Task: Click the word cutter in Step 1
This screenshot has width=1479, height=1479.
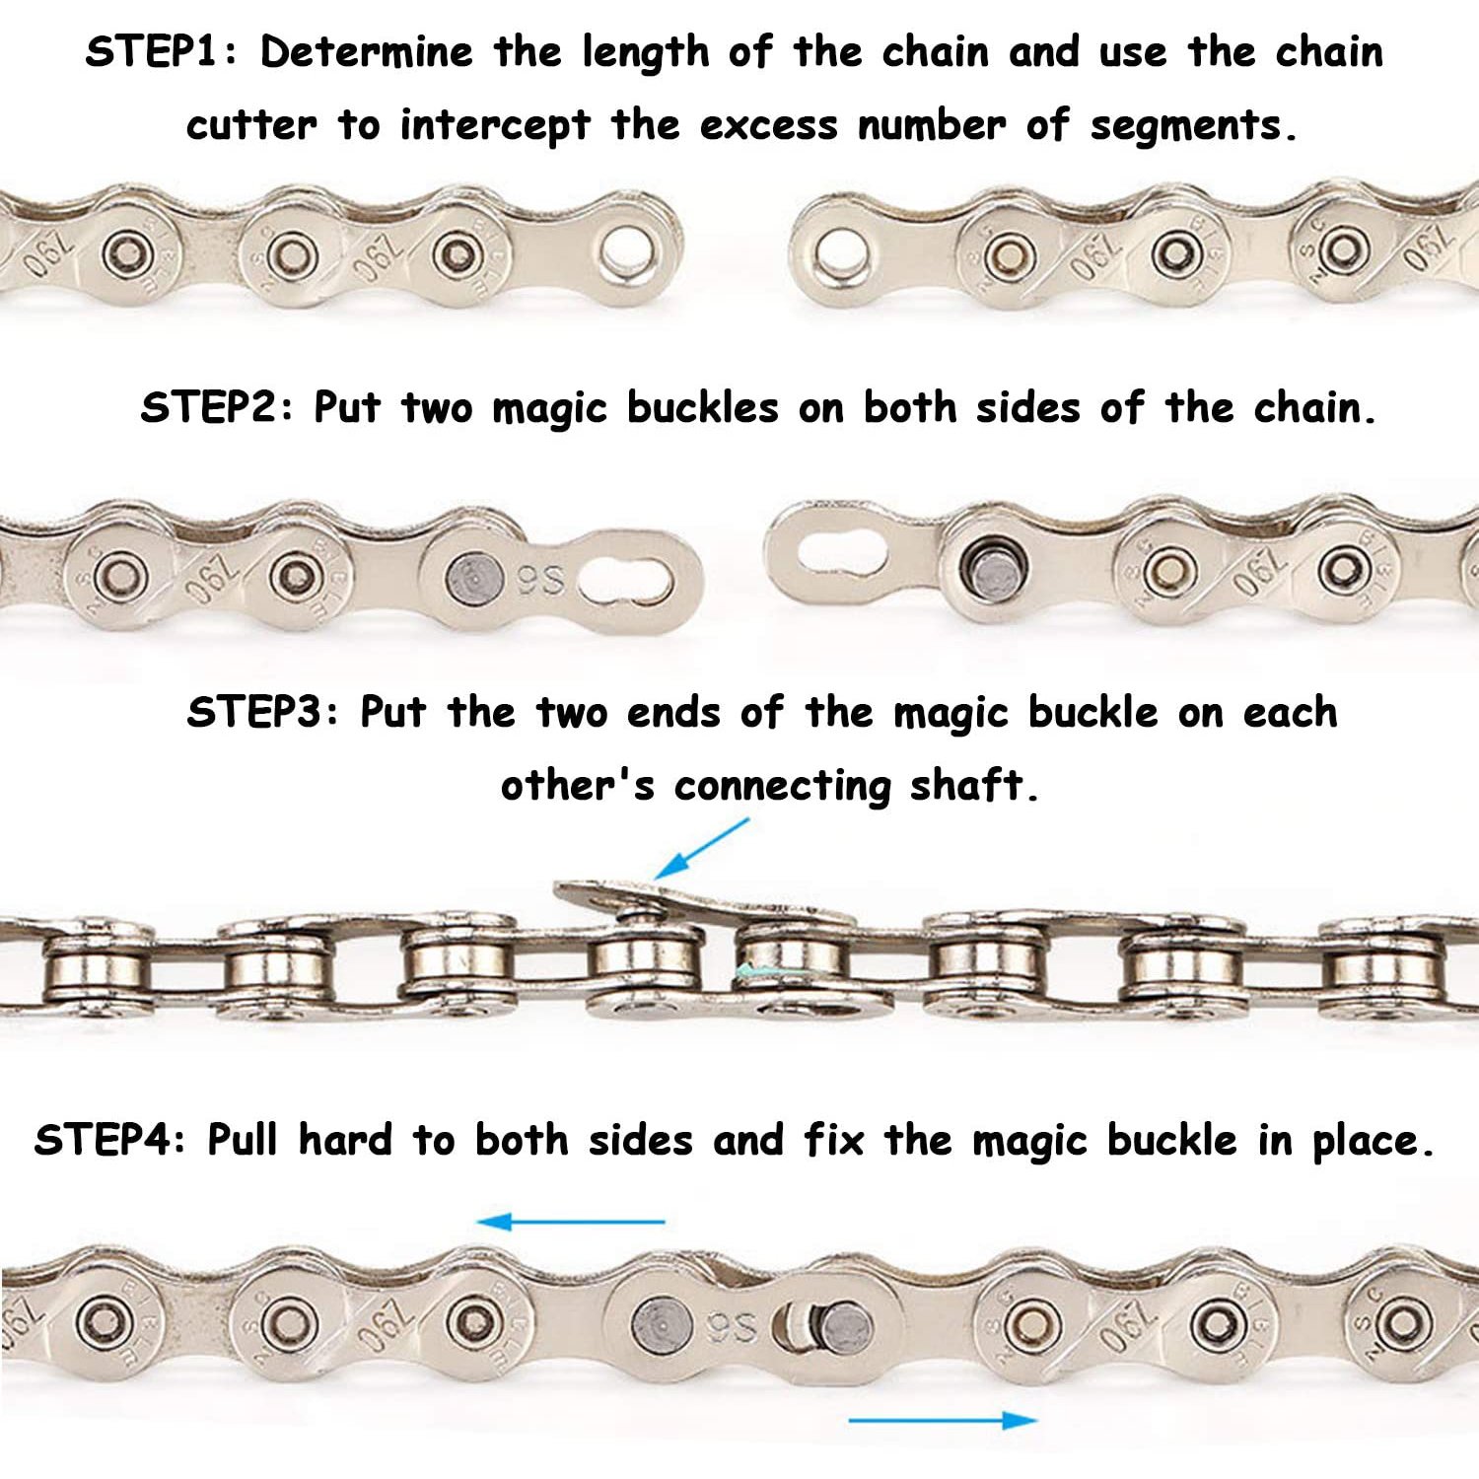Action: [251, 125]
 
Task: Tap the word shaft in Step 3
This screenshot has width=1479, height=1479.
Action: [974, 786]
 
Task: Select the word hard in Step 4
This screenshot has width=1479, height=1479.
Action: [344, 1140]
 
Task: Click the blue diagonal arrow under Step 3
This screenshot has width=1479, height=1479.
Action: [701, 848]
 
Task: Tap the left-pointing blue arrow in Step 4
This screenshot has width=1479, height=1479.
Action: [571, 1223]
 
